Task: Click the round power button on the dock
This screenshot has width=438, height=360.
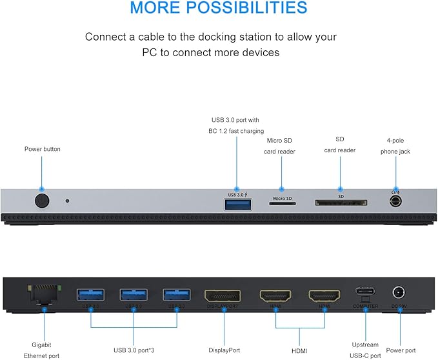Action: pos(42,201)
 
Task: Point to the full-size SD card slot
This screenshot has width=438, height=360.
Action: pos(340,203)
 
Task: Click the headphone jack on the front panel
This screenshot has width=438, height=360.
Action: pos(396,201)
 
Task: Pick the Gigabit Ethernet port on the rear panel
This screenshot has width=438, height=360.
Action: pos(42,295)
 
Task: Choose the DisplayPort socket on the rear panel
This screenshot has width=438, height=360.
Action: pos(223,296)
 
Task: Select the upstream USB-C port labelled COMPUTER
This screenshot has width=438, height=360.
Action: pos(365,294)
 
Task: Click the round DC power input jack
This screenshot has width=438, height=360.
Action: pos(400,294)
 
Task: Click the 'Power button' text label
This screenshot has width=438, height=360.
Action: pos(43,149)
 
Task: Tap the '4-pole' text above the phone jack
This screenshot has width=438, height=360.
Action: pos(395,140)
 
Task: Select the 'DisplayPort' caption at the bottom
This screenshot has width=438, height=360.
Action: pos(224,350)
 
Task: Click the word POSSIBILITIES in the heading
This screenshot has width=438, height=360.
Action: pos(252,8)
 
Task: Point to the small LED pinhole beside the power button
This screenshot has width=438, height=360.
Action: pos(67,201)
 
